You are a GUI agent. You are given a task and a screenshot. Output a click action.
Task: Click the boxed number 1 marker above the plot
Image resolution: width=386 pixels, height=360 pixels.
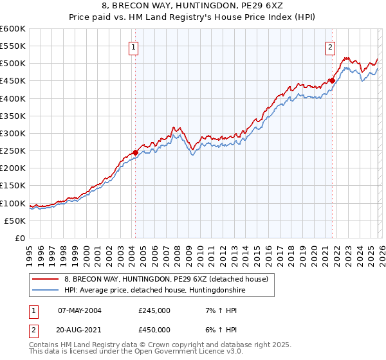133,46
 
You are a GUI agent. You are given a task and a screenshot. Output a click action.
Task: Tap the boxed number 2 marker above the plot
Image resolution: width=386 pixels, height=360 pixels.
330,46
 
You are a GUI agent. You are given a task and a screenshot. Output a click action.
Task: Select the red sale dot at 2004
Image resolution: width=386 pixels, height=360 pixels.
135,152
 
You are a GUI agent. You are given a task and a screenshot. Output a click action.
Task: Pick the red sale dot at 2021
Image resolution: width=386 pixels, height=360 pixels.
332,80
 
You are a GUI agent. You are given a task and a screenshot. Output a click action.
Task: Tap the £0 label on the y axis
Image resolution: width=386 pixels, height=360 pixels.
21,238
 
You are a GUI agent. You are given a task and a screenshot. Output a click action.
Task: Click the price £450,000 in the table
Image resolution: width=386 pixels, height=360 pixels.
154,329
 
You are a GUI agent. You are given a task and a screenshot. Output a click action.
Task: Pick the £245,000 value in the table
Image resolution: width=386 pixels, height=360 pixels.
154,310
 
